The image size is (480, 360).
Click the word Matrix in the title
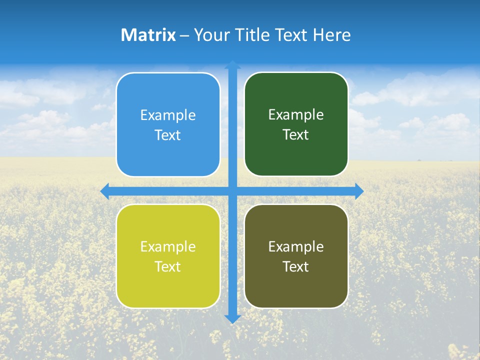(148, 35)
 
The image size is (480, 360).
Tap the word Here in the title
(331, 35)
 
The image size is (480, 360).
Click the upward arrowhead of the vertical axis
(232, 64)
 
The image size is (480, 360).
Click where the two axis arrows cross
(232, 191)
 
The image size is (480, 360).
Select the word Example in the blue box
(168, 115)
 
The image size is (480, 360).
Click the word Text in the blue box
(168, 135)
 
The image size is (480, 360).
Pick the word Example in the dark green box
(296, 115)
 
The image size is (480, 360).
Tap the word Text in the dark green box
(296, 135)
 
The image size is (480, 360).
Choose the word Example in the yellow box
(168, 247)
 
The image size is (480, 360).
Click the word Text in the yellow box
(168, 267)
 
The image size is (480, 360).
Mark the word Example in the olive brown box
(296, 247)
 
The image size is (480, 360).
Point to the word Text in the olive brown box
(296, 267)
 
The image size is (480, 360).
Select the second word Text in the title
(292, 35)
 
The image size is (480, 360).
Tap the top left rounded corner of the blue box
(121, 78)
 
